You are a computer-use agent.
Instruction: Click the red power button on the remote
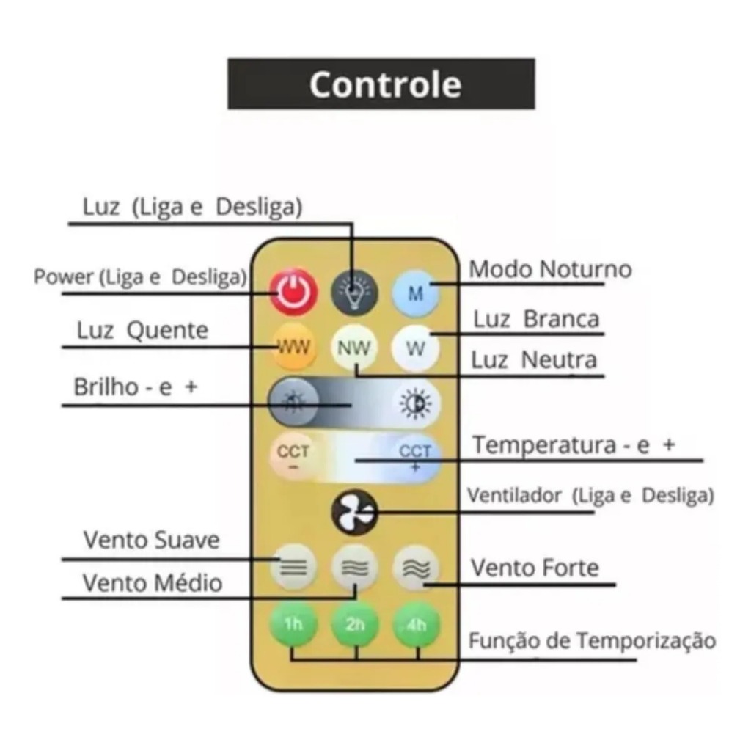[293, 292]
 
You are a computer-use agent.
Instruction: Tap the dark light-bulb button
[355, 292]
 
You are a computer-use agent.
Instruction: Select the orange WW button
[293, 347]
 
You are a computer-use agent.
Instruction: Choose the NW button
[355, 348]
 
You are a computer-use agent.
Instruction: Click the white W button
[416, 348]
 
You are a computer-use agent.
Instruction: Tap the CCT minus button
[293, 456]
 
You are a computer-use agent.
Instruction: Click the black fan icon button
[355, 512]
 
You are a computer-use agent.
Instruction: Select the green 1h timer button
[293, 624]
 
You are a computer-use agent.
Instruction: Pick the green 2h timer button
[355, 624]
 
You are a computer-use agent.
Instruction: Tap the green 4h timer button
[417, 624]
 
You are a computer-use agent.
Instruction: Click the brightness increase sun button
[416, 403]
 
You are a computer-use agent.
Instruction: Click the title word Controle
[385, 84]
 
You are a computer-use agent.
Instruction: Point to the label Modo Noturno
[550, 269]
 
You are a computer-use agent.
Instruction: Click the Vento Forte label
[535, 568]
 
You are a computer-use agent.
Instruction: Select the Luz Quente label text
[142, 331]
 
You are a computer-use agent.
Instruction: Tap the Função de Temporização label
[592, 640]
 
